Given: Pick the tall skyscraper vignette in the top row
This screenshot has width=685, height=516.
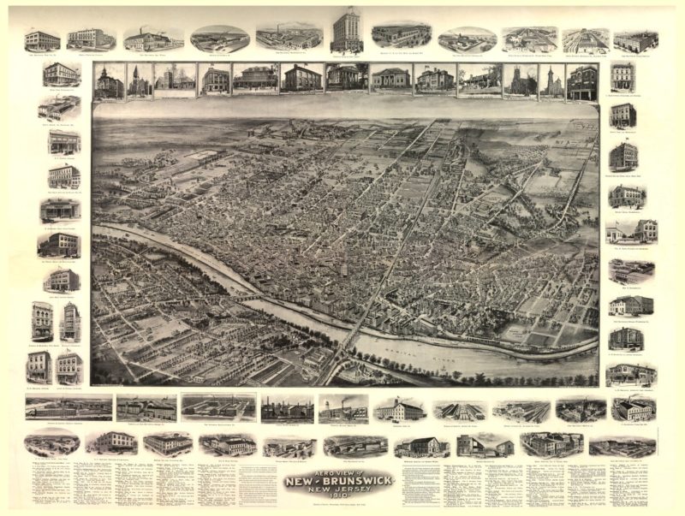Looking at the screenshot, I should coord(348,31).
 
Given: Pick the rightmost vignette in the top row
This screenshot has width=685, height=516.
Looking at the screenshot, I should coord(635,41).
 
